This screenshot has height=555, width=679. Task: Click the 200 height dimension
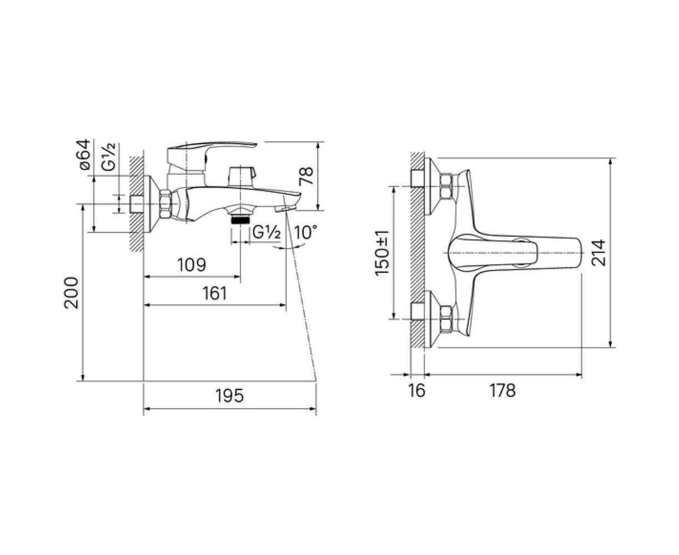tap(71, 293)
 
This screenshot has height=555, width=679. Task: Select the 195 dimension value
tap(229, 396)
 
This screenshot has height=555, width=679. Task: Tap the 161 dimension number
tap(214, 293)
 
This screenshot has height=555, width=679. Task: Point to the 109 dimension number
tap(192, 265)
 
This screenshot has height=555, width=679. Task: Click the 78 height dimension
tap(306, 176)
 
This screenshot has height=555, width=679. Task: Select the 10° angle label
tap(305, 232)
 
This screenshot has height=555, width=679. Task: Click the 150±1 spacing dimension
tap(382, 253)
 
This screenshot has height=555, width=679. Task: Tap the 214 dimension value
tap(598, 253)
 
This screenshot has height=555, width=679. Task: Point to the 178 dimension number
tap(502, 391)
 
